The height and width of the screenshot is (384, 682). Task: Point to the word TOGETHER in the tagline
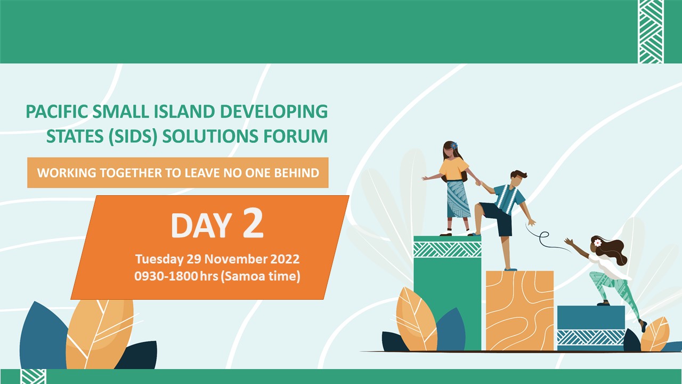click(x=131, y=173)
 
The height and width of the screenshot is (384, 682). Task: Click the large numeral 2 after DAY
click(x=253, y=223)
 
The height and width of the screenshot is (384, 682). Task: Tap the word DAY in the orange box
click(x=201, y=225)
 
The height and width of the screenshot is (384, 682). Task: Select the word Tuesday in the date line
click(x=159, y=259)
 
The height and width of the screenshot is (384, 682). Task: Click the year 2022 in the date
click(x=285, y=259)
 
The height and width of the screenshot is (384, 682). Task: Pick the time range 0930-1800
click(x=166, y=276)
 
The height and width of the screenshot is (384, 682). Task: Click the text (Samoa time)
click(x=261, y=276)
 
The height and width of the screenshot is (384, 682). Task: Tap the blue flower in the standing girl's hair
click(x=454, y=146)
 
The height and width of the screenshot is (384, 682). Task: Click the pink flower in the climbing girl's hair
click(x=598, y=243)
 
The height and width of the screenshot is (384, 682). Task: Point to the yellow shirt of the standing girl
click(x=453, y=169)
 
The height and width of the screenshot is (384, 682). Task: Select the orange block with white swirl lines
click(x=519, y=310)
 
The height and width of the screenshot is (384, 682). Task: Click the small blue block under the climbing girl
click(x=591, y=328)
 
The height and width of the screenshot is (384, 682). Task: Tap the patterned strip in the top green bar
click(x=651, y=31)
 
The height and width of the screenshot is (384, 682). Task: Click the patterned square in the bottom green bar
click(x=34, y=377)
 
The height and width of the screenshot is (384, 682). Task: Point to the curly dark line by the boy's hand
click(x=544, y=238)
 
